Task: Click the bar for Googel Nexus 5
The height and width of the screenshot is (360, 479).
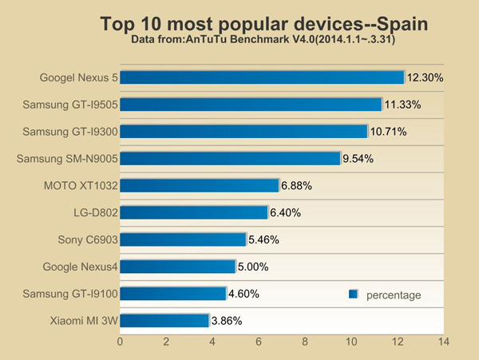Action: (262, 77)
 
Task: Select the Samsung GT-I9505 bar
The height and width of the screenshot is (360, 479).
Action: (251, 105)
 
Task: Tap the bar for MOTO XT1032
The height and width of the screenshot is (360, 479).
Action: (200, 185)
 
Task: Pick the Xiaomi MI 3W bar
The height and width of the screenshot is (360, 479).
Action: (164, 320)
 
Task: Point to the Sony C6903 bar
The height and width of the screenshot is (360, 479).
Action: (183, 239)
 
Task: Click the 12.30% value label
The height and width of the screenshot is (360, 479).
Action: (425, 78)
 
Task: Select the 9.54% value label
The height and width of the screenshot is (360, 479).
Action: (358, 159)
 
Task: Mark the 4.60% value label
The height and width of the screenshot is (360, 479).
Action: (245, 294)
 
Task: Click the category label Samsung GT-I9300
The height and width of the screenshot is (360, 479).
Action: (70, 132)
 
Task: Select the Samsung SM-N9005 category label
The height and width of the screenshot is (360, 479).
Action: (67, 159)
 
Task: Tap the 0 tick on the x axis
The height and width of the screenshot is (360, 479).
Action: (120, 342)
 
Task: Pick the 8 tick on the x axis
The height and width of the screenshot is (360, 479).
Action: (305, 342)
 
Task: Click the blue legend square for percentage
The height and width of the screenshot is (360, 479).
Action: (353, 295)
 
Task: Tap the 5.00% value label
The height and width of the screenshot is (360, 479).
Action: (254, 267)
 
